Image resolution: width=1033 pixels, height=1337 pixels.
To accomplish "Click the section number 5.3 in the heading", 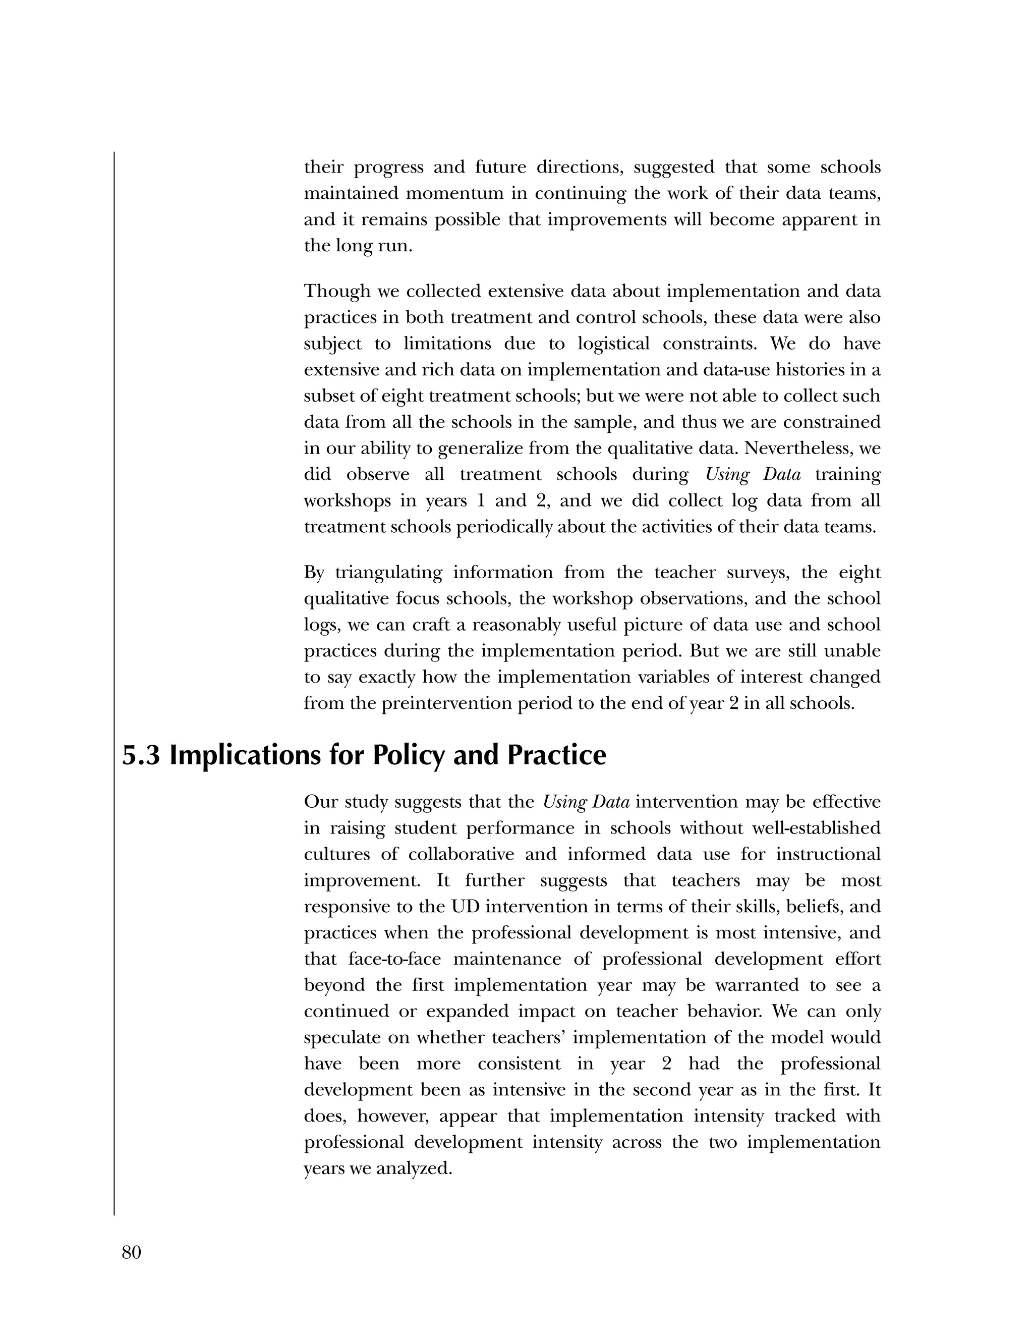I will point(141,755).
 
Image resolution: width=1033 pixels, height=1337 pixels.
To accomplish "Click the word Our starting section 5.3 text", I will point(321,802).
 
